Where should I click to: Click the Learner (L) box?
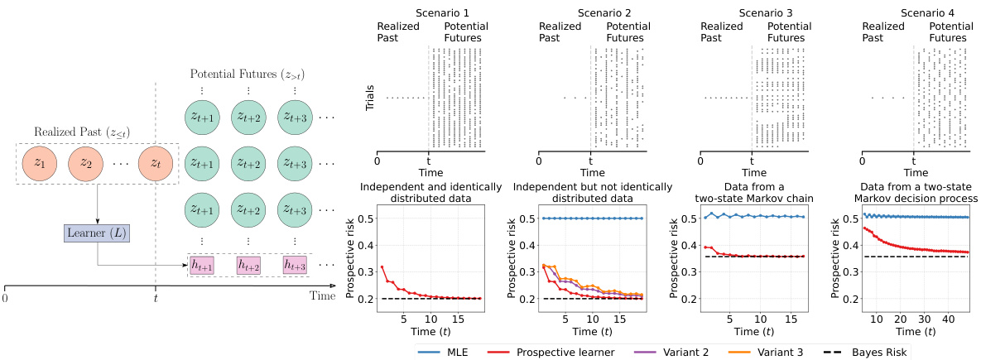[97, 233]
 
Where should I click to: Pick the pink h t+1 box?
[201, 265]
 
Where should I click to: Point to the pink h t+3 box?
[294, 265]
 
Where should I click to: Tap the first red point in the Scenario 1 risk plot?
[382, 266]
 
